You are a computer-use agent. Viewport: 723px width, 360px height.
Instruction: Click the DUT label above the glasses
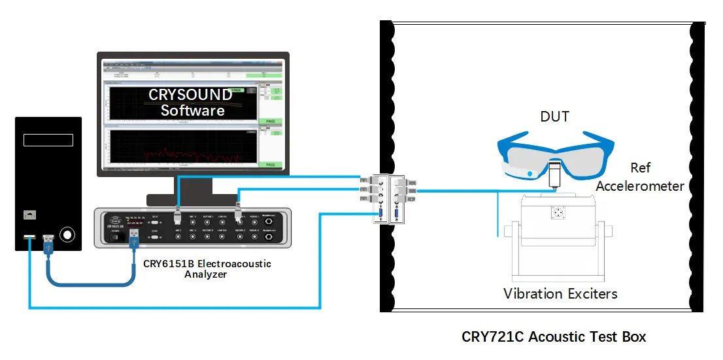(554, 117)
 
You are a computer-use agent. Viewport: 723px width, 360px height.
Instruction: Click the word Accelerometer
(640, 186)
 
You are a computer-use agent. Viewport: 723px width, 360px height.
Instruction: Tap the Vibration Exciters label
(560, 293)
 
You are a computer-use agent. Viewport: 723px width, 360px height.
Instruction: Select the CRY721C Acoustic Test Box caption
(554, 337)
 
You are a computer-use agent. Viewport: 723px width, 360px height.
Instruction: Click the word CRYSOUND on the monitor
(190, 95)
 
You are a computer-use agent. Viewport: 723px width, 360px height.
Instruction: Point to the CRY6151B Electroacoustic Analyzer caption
(207, 269)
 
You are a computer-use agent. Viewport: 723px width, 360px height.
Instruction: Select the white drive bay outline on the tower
(48, 140)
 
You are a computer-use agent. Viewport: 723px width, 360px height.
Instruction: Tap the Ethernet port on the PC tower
(29, 214)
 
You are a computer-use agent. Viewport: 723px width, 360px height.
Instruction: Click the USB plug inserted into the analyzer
(134, 235)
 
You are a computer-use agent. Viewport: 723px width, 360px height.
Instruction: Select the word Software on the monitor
(193, 110)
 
